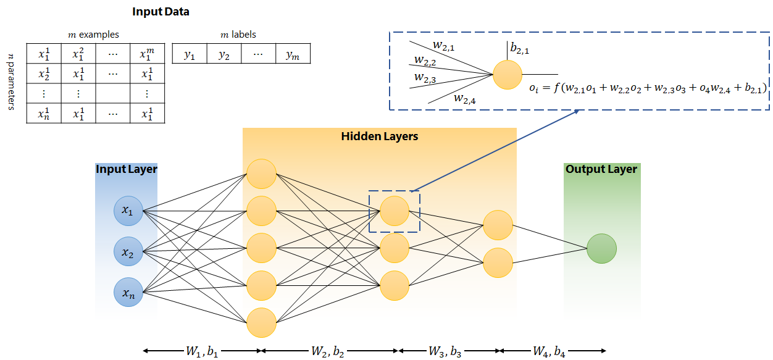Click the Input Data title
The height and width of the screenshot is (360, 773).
pyautogui.click(x=161, y=12)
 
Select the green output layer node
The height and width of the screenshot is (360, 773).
pyautogui.click(x=601, y=249)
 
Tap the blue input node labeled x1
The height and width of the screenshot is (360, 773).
pyautogui.click(x=128, y=211)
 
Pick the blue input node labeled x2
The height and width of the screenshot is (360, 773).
pyautogui.click(x=128, y=252)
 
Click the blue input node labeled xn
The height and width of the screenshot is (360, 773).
pyautogui.click(x=128, y=293)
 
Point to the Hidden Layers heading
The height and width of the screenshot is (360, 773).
pyautogui.click(x=379, y=136)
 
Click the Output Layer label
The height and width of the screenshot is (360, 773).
pyautogui.click(x=601, y=169)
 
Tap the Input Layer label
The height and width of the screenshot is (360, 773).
pyautogui.click(x=127, y=169)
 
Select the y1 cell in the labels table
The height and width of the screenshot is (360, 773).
pyautogui.click(x=190, y=55)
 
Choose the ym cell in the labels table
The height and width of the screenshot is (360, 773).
pyautogui.click(x=293, y=55)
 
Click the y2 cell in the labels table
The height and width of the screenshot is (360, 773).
pyautogui.click(x=224, y=55)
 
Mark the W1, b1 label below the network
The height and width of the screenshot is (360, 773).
pyautogui.click(x=203, y=352)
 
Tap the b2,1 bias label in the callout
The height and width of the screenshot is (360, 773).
pyautogui.click(x=520, y=48)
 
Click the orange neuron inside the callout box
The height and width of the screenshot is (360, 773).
pyautogui.click(x=508, y=75)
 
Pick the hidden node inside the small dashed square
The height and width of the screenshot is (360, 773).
pyautogui.click(x=395, y=211)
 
